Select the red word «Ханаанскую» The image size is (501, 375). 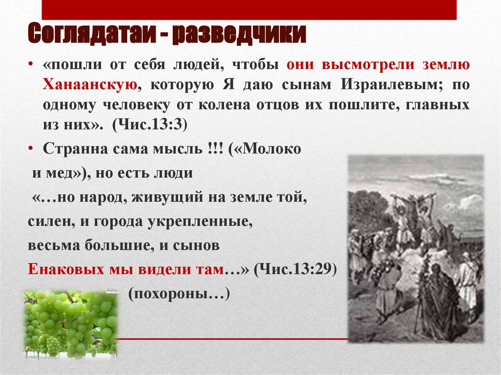[x=89, y=85]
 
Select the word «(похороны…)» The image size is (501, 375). [x=179, y=294]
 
